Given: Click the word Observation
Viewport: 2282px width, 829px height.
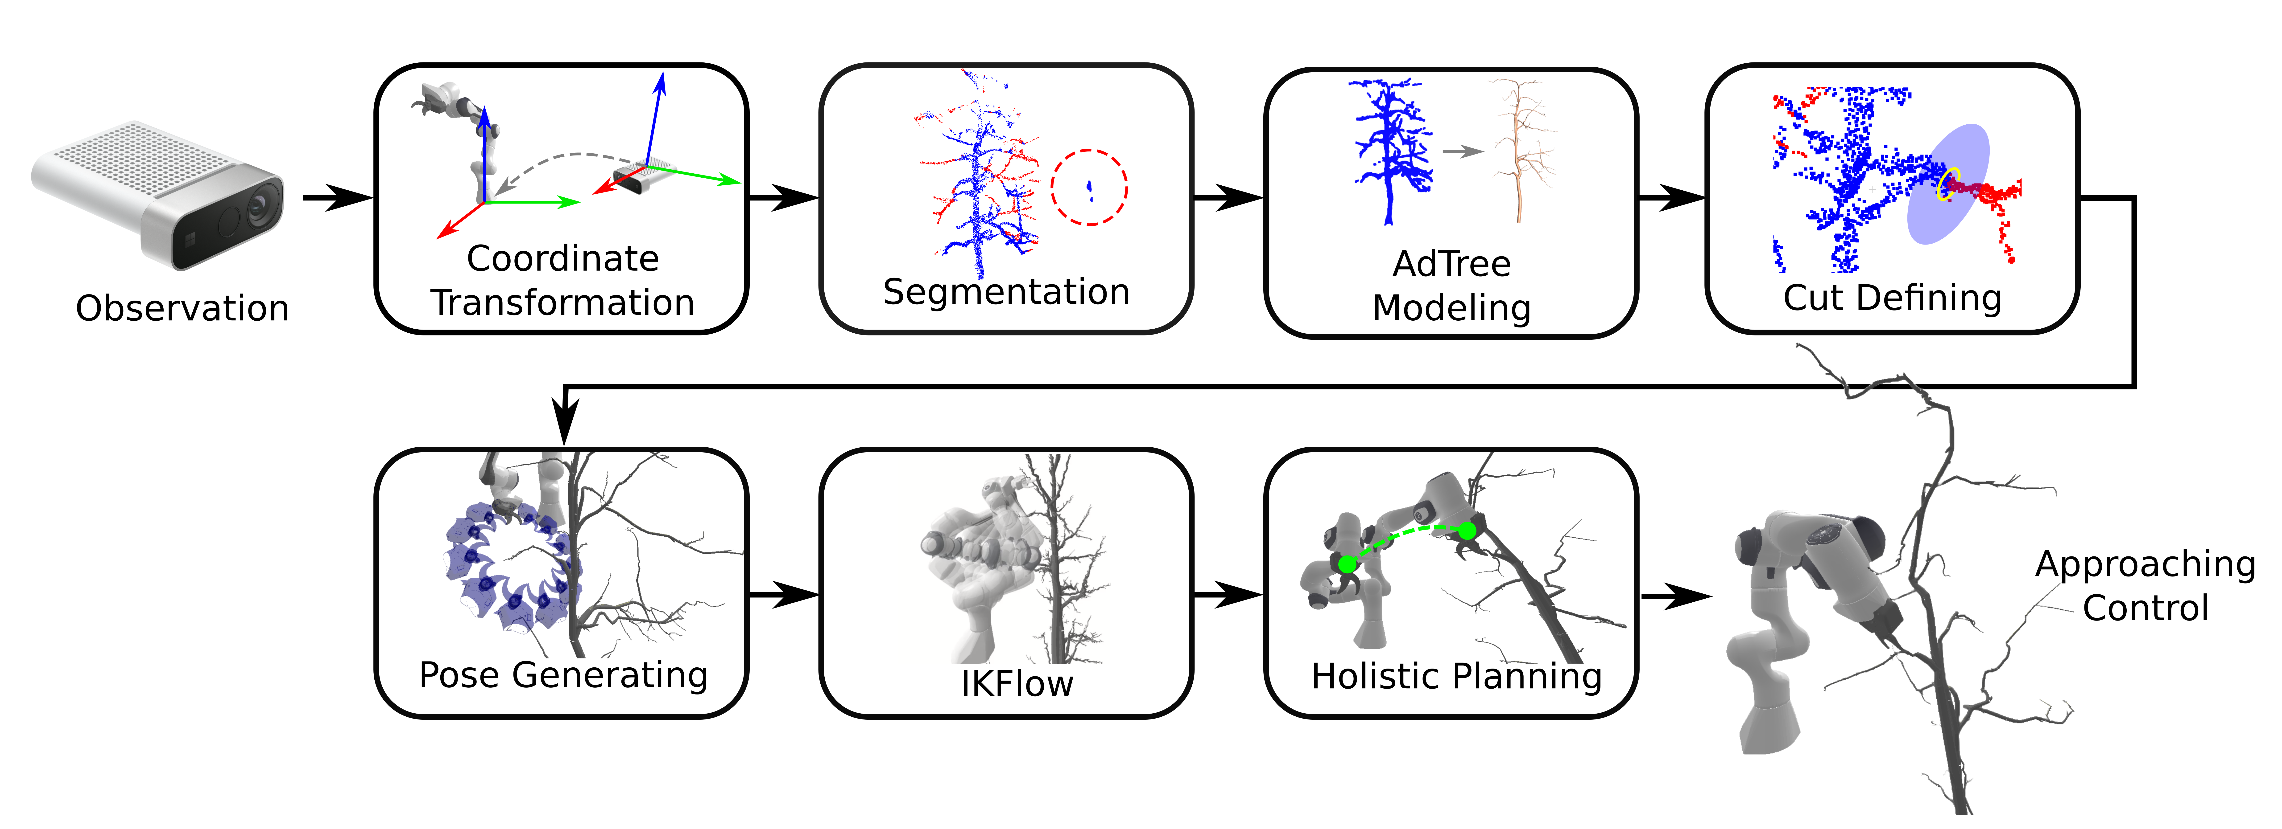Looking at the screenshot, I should (182, 308).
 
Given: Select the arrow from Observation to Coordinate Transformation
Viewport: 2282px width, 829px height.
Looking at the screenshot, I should (337, 197).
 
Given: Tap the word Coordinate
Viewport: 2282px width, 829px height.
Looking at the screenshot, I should (562, 259).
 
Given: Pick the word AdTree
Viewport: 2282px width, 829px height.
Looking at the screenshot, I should (1451, 264).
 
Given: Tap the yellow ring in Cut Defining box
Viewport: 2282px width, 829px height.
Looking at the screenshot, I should (1948, 183).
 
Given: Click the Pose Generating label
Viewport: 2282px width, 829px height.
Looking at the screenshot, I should (563, 675).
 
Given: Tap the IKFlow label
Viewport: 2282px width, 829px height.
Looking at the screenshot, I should (1017, 684).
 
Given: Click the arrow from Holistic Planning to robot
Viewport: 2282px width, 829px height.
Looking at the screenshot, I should (1674, 596).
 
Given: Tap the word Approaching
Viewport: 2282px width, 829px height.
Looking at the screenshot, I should (2145, 564).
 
